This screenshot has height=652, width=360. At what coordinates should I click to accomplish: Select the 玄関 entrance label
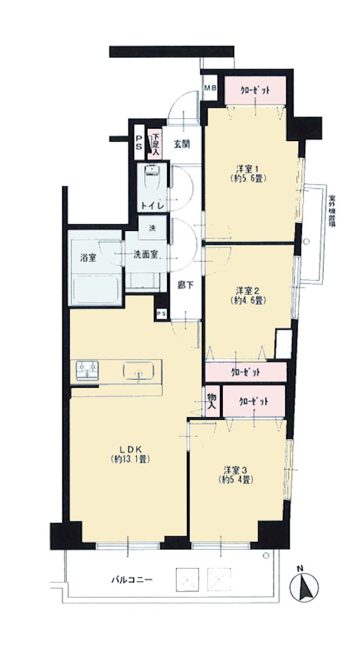point(182,144)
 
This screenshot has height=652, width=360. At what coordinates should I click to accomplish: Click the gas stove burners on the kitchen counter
point(88,369)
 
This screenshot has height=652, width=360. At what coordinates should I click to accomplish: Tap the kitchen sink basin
point(138,370)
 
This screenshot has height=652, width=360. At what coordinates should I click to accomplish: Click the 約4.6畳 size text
point(248,301)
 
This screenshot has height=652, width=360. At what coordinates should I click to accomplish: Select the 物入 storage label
point(212,402)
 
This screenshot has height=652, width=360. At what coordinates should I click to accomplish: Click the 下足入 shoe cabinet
point(155,144)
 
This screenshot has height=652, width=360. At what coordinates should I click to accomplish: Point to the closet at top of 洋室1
point(255,90)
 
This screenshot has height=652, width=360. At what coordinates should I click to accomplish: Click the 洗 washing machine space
point(153,227)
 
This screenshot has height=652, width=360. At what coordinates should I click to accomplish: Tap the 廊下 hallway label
point(183,286)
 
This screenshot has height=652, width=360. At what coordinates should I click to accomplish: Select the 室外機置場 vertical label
point(332,211)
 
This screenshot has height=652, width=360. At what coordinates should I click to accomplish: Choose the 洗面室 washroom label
point(145,255)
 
